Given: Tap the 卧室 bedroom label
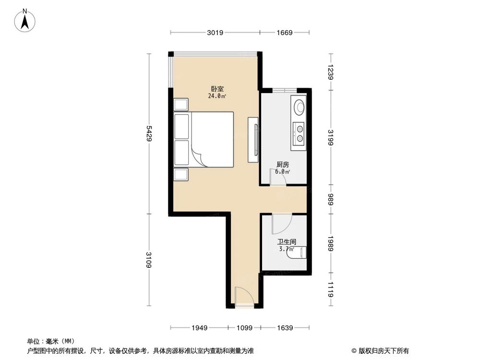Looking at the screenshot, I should pos(217,89).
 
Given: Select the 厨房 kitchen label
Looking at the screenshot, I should pos(283,165).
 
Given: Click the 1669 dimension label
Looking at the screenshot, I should pos(285,33).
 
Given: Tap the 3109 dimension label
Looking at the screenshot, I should pos(149,260).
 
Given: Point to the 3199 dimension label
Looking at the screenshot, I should pos(330,137).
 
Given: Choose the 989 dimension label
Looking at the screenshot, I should pos(330,199).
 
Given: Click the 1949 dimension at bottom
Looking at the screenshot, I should pos(199,328).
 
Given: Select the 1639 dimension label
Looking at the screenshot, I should pos(285,328).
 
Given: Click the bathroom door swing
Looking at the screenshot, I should pos(281,223).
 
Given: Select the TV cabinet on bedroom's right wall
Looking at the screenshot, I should pos(253,140).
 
